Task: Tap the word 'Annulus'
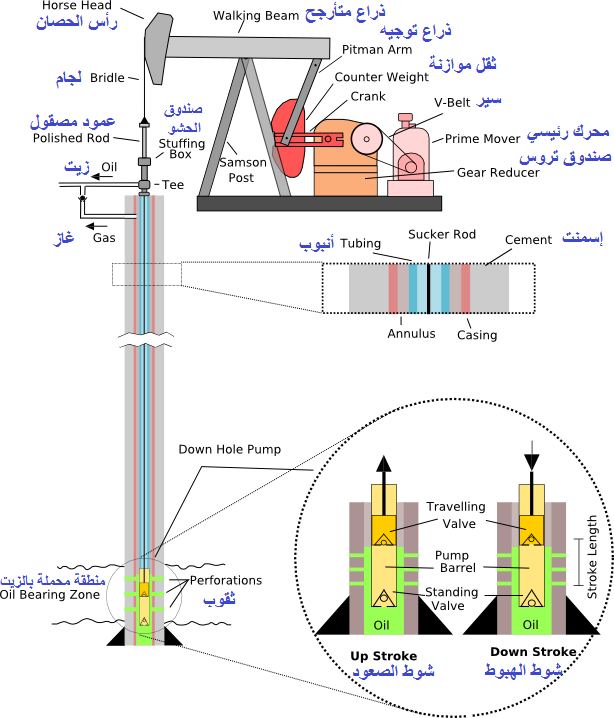pyautogui.click(x=411, y=333)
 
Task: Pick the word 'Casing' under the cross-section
pyautogui.click(x=476, y=334)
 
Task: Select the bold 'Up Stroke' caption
pyautogui.click(x=376, y=655)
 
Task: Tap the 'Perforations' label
pyautogui.click(x=224, y=580)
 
